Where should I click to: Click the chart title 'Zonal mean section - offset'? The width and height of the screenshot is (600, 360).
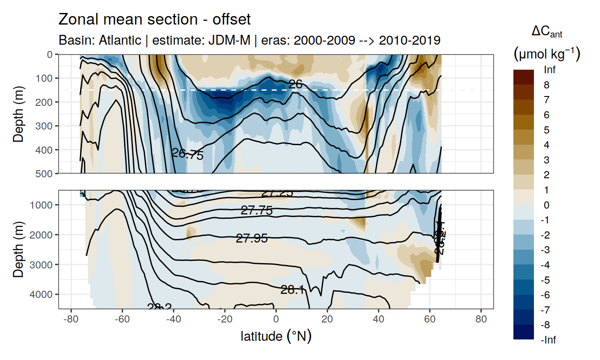click(x=154, y=20)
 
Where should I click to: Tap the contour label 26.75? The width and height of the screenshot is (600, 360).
click(x=187, y=155)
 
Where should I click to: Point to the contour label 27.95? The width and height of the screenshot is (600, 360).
click(x=252, y=239)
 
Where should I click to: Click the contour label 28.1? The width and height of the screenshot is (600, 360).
click(x=292, y=290)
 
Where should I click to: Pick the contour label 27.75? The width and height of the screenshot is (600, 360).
click(x=257, y=211)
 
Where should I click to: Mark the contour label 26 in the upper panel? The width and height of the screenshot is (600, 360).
click(x=295, y=84)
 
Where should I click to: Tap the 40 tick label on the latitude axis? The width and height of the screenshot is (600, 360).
click(x=379, y=320)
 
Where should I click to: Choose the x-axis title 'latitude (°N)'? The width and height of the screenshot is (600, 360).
click(x=276, y=336)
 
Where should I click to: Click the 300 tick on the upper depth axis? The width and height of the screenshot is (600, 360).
click(x=46, y=126)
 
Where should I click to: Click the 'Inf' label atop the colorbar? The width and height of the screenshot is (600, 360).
click(x=550, y=70)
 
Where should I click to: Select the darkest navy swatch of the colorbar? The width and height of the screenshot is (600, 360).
click(x=524, y=332)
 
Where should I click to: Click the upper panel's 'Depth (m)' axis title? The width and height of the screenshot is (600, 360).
click(x=18, y=113)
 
